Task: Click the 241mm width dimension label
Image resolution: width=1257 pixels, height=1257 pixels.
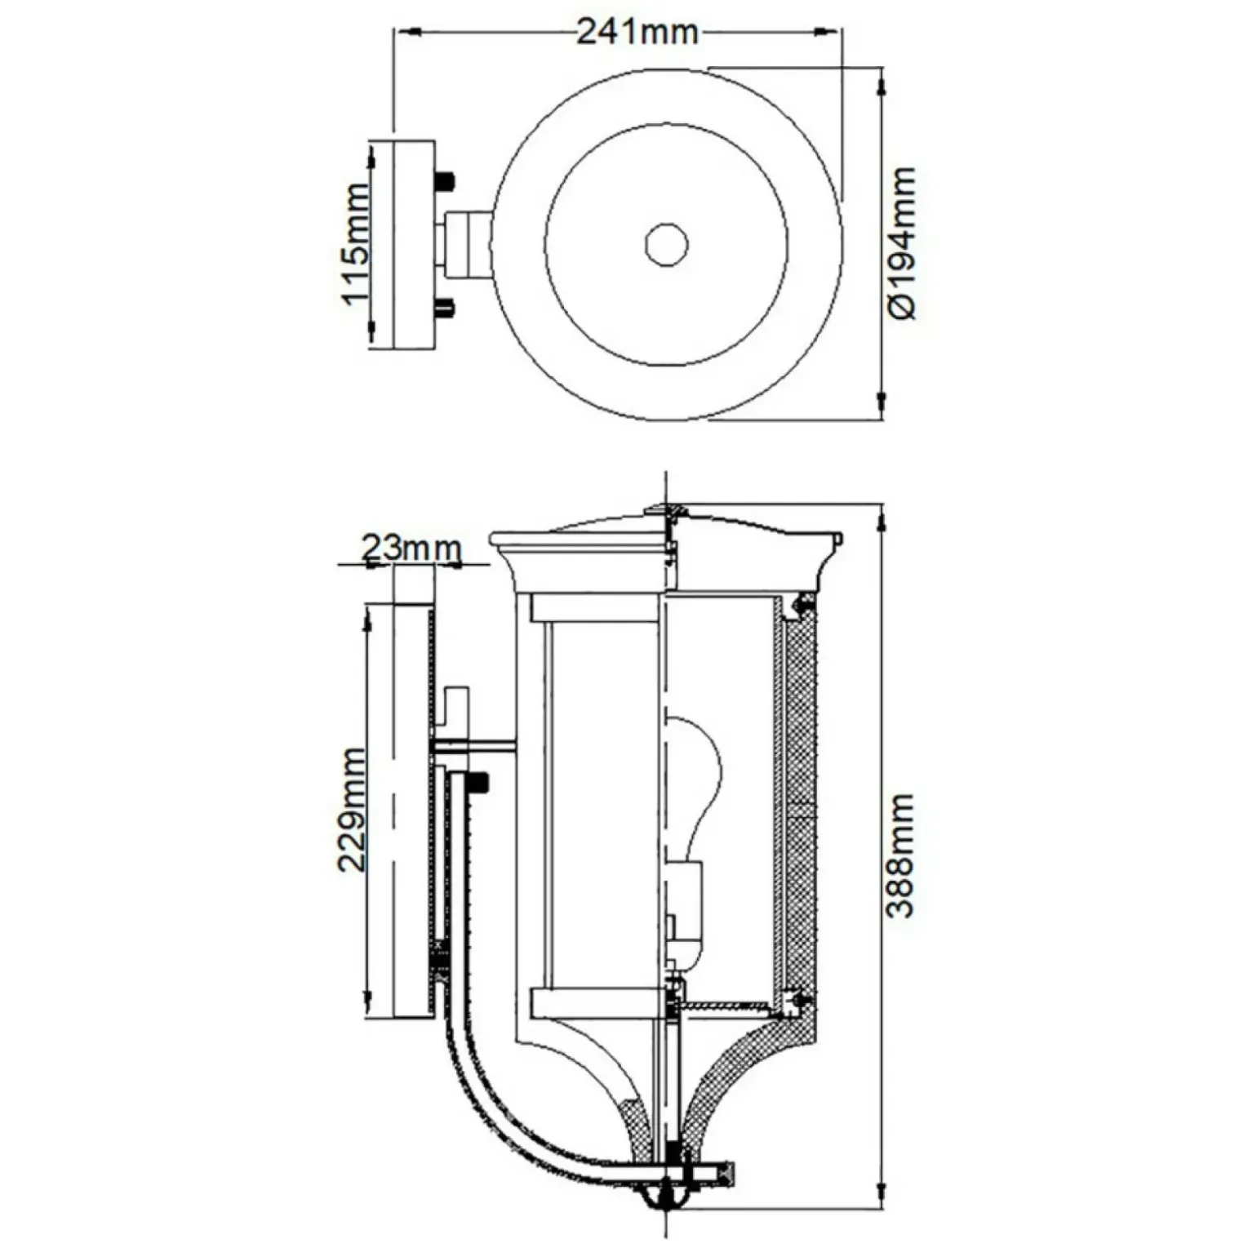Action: coord(637,32)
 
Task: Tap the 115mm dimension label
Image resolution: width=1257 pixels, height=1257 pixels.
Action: coord(355,244)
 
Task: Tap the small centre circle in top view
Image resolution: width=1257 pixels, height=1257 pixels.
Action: coord(666,245)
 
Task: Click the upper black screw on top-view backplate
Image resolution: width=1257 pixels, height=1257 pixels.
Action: coord(445,180)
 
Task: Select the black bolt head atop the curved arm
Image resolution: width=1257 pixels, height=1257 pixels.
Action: coord(478,783)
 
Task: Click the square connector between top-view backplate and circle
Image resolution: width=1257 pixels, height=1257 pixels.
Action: coord(466,244)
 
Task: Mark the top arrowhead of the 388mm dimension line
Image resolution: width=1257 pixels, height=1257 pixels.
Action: coord(881,517)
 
